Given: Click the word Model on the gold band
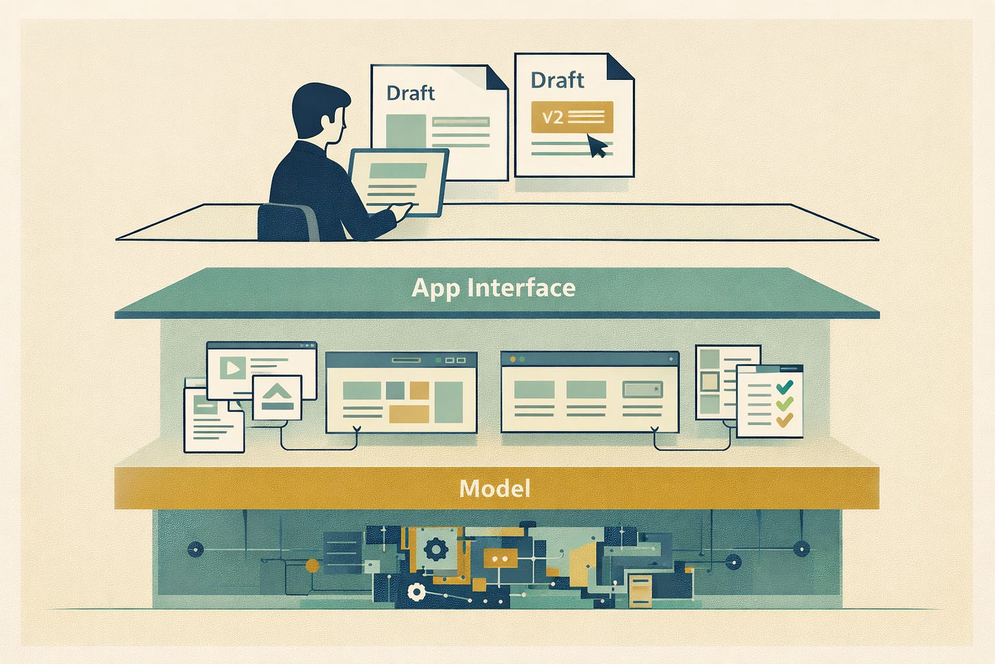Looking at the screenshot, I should coord(495,488).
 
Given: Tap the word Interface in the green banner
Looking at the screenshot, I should coord(521,288).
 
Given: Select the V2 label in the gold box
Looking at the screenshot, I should coord(552,117).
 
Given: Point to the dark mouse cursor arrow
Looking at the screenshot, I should coord(597,146).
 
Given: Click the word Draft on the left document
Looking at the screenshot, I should coord(410,93).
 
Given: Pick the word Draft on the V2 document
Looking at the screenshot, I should coord(557,80).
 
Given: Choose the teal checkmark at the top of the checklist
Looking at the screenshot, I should coord(784,388).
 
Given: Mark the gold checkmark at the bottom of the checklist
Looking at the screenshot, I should coord(784,419).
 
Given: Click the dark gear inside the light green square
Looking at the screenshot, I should coord(435,548).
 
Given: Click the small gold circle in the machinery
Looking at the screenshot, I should coord(312,566).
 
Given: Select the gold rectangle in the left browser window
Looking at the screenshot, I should coord(409,414).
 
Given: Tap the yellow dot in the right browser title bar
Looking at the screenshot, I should coord(512,358).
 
